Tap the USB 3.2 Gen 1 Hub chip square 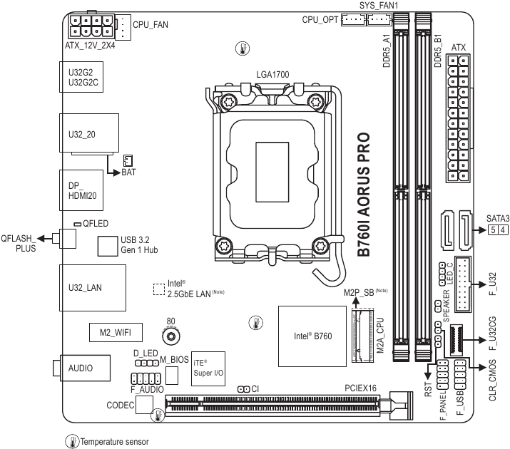[108, 245]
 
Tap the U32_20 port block [86, 133]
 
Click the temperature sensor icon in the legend [71, 441]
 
